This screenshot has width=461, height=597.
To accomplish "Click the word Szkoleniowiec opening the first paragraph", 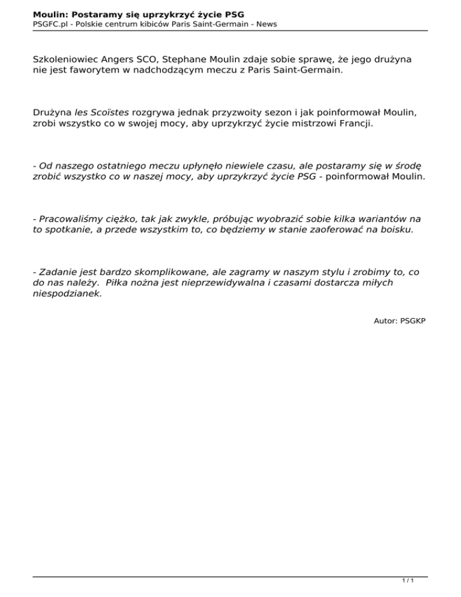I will coord(65,61).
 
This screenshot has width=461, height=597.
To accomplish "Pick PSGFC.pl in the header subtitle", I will coord(50,24).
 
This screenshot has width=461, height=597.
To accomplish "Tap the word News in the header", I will coord(265,24).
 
